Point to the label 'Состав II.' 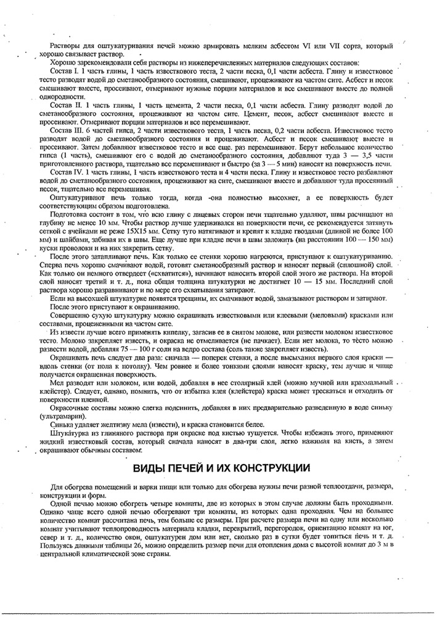click(x=65, y=107)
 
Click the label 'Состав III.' click(x=66, y=132)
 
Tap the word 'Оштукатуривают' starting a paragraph click(x=77, y=197)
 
